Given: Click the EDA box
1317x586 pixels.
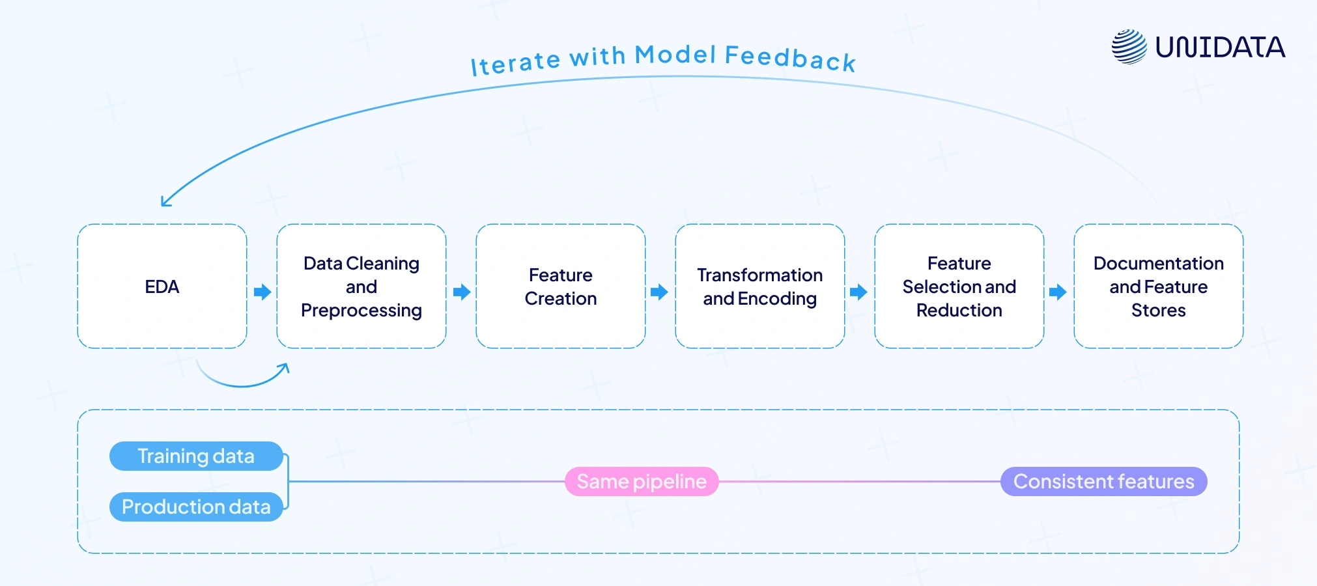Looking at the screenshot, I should [162, 286].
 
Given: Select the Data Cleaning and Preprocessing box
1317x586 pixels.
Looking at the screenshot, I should [361, 286].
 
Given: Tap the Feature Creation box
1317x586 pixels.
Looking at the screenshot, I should [560, 286].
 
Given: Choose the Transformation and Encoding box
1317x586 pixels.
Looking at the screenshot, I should [759, 286].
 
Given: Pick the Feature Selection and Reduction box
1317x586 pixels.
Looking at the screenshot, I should [959, 286].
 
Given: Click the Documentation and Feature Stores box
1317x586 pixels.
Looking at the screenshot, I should [1158, 286].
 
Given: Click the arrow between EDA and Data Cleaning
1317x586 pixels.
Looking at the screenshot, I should [262, 292].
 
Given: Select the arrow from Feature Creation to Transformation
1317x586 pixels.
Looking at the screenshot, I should [659, 292].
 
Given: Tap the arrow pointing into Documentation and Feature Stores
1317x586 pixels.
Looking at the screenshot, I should [1058, 292].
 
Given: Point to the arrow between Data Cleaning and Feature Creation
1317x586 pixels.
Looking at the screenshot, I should [462, 292].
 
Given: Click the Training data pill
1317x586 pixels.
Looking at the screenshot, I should [196, 456].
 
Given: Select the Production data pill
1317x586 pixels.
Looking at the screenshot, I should [196, 507].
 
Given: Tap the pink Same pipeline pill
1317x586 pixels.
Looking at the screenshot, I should [642, 481].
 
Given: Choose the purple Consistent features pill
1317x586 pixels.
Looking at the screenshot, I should [1103, 481].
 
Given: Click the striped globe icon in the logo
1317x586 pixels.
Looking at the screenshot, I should [1129, 47].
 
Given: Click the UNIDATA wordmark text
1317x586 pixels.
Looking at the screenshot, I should [1220, 47].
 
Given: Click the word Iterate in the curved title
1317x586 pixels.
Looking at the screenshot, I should [515, 63].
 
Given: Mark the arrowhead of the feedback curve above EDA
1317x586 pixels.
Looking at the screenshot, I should [165, 202].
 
